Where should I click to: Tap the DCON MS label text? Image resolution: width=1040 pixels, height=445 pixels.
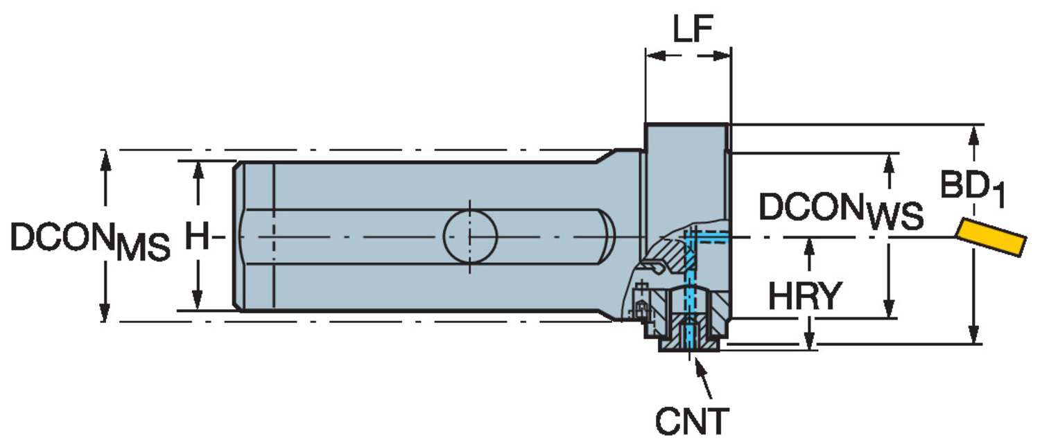point(90,241)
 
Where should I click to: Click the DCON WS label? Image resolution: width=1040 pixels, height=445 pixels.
point(840,210)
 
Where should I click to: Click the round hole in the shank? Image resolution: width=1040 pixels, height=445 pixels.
point(470,236)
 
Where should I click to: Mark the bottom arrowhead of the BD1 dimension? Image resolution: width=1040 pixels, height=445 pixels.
point(975,336)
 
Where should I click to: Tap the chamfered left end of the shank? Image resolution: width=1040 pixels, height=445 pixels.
point(236,236)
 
